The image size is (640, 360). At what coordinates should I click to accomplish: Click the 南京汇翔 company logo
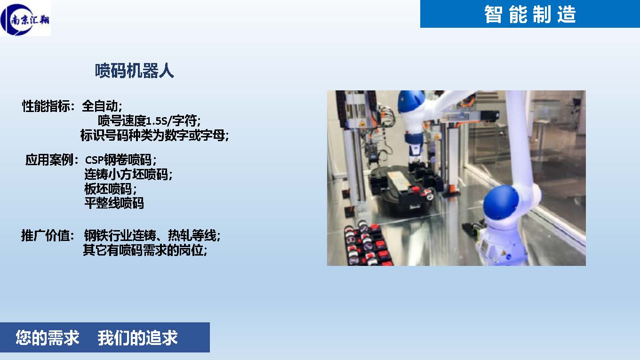(x=25, y=18)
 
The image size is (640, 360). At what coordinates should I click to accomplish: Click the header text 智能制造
(x=530, y=14)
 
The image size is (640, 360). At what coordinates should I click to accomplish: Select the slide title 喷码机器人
(x=134, y=71)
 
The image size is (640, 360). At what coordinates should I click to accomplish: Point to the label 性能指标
(x=46, y=106)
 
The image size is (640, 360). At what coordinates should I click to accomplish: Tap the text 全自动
(x=99, y=106)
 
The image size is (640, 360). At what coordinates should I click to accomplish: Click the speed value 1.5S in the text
(x=156, y=121)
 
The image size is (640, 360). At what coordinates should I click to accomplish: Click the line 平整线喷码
(x=114, y=203)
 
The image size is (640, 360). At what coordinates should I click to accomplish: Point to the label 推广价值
(x=45, y=236)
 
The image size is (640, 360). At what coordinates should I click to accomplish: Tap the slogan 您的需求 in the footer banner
(x=48, y=337)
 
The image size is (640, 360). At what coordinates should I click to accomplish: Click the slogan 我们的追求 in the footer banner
(x=138, y=337)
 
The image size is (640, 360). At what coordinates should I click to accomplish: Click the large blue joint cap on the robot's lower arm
(x=501, y=202)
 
